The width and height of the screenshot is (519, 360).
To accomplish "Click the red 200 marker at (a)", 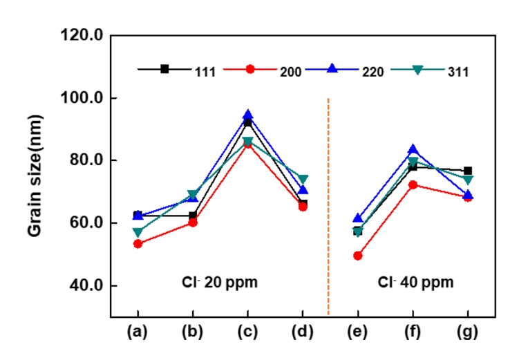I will pyautogui.click(x=138, y=244).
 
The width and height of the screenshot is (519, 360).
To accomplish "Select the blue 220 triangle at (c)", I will pyautogui.click(x=247, y=115).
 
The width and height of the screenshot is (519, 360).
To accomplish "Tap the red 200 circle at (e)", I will pyautogui.click(x=358, y=256).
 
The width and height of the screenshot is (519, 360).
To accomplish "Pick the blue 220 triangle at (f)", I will pyautogui.click(x=413, y=149).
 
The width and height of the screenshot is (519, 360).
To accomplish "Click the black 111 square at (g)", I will pyautogui.click(x=468, y=171).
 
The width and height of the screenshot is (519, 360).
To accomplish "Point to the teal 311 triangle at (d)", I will pyautogui.click(x=303, y=180).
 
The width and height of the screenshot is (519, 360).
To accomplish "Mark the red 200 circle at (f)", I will pyautogui.click(x=413, y=184).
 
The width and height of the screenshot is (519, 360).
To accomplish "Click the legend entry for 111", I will pyautogui.click(x=180, y=70).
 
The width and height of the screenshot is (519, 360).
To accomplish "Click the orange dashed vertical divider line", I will pyautogui.click(x=328, y=207).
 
